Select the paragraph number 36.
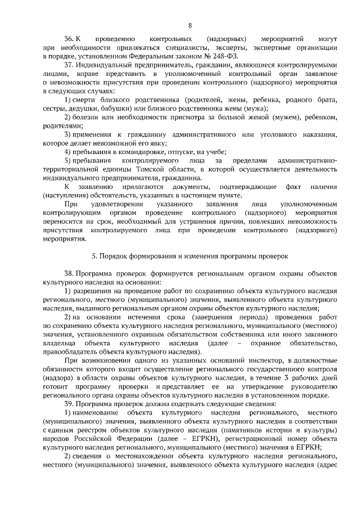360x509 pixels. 69,39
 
